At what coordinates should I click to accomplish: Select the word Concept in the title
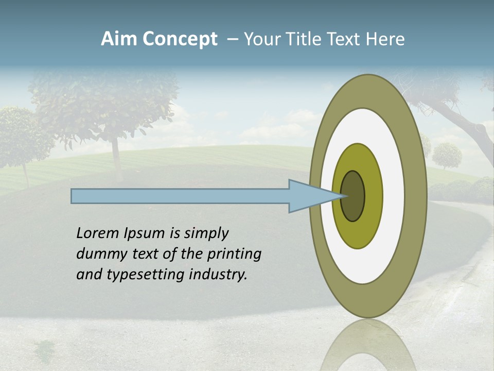click(x=180, y=39)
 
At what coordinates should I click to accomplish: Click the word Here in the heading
click(x=386, y=39)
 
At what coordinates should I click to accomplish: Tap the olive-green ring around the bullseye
click(x=373, y=196)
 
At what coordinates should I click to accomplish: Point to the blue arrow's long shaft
click(x=180, y=196)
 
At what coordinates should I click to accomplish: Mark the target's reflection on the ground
click(x=368, y=345)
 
